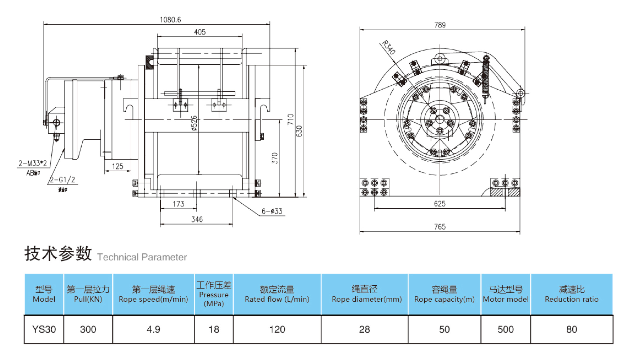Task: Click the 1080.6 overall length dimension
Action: point(170,20)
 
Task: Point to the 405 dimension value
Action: point(200,32)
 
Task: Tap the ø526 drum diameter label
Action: point(194,123)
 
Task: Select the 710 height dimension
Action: point(290,119)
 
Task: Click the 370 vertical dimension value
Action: point(275,158)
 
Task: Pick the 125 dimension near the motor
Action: point(117,166)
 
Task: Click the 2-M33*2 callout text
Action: point(33,163)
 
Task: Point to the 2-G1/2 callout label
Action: point(63,180)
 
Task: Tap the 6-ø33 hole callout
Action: point(272,211)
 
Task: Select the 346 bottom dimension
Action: point(197,219)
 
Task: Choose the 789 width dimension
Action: point(440,25)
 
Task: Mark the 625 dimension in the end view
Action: point(440,204)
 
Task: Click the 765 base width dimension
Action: point(440,227)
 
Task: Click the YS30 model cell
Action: point(44,329)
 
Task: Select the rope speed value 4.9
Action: point(153,329)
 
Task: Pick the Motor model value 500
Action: point(505,329)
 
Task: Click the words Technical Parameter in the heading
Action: point(142,257)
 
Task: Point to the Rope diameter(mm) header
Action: point(366,299)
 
